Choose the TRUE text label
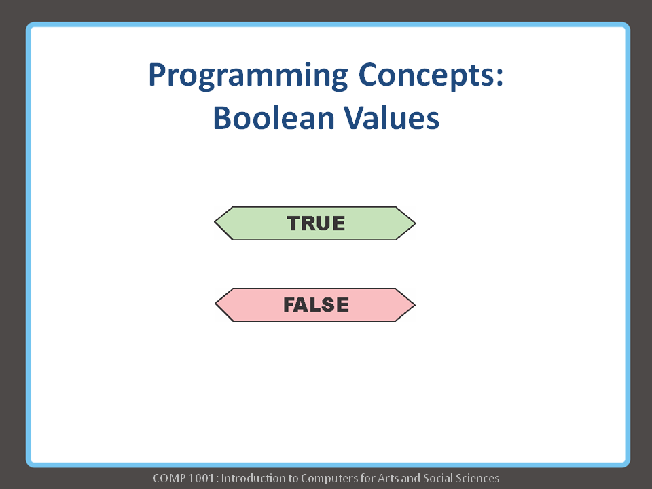point(316,223)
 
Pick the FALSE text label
point(316,305)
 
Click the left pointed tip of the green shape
point(216,223)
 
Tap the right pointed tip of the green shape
point(414,223)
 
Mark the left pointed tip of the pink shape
point(216,305)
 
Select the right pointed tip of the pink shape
point(414,305)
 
